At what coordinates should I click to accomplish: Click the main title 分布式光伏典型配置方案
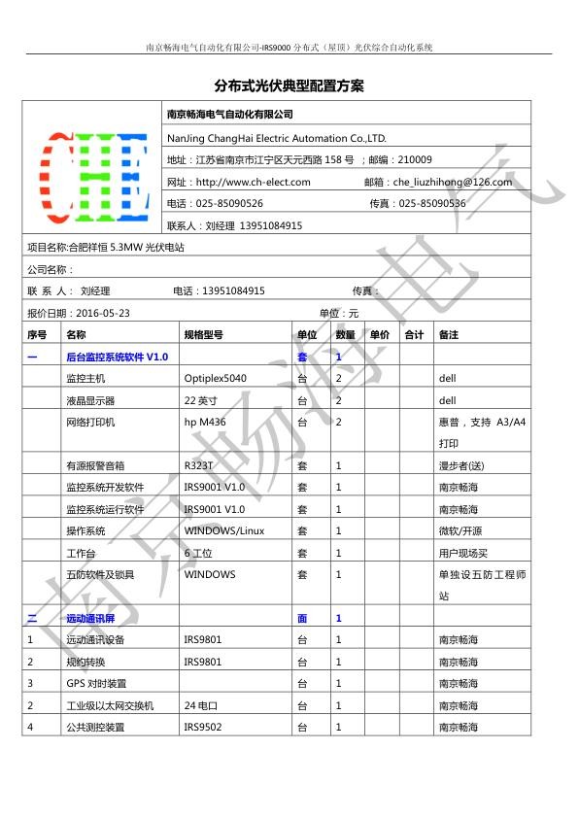pos(289,85)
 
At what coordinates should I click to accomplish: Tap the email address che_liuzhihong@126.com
pos(452,182)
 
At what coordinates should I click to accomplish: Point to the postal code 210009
pos(415,159)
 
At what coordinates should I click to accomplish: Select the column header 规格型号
pos(203,334)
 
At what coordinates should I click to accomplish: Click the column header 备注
pos(448,334)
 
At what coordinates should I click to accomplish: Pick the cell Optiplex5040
pos(215,378)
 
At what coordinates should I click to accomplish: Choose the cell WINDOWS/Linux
pos(223,530)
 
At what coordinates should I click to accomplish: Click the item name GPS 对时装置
pos(95,683)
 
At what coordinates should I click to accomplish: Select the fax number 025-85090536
pos(431,203)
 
